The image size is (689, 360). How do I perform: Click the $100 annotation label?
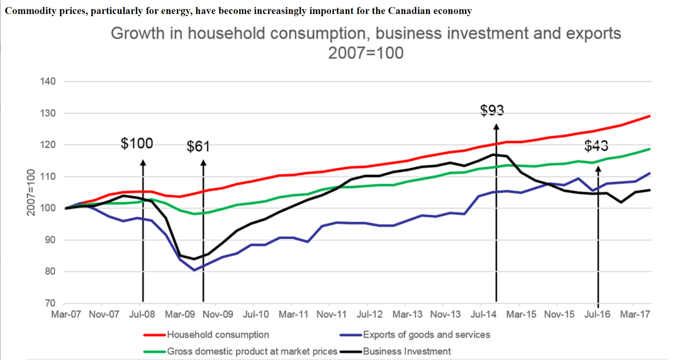[137, 143]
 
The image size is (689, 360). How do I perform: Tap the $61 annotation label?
[198, 146]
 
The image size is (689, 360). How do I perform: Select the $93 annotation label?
[492, 110]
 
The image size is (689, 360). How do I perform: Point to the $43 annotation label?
[596, 146]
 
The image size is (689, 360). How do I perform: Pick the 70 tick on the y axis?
[49, 304]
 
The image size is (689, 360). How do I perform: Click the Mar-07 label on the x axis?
[66, 314]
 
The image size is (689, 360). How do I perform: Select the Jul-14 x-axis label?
[483, 314]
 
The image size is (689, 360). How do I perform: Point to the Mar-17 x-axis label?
[635, 314]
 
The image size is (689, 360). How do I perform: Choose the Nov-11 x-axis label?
[331, 314]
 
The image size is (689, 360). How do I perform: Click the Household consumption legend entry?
[218, 335]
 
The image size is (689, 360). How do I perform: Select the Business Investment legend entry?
[407, 351]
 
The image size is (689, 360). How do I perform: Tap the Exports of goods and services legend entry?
[426, 335]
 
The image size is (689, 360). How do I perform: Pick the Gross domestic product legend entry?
[252, 351]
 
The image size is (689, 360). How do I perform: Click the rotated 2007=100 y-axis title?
[31, 192]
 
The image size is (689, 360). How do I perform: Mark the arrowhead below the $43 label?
[598, 169]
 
